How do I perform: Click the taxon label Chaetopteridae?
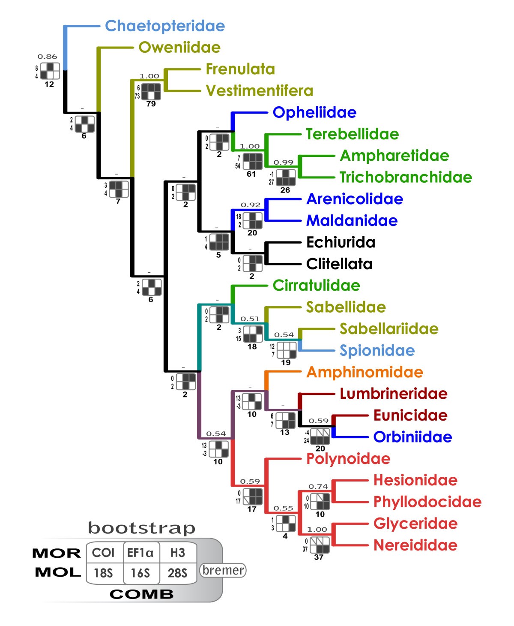[x=165, y=26]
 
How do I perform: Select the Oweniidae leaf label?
[x=179, y=47]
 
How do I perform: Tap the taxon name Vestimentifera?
[x=260, y=90]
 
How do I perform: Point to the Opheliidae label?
[x=314, y=112]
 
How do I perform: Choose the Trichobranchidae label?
[x=406, y=177]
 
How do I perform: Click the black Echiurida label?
[x=341, y=242]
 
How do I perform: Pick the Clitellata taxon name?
[x=339, y=264]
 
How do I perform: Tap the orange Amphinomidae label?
[x=365, y=372]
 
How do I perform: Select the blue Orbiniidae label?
[x=412, y=437]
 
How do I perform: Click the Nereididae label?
[x=415, y=545]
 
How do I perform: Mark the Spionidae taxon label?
[x=377, y=350]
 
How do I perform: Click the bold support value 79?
[x=151, y=104]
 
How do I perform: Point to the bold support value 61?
[x=251, y=174]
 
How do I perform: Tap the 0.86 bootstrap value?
[x=47, y=57]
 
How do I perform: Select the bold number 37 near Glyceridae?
[x=319, y=557]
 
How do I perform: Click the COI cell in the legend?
[x=103, y=553]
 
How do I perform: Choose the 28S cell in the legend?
[x=177, y=573]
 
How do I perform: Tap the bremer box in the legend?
[x=223, y=570]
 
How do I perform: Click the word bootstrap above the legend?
[x=141, y=528]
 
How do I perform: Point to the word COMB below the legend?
[x=142, y=594]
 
